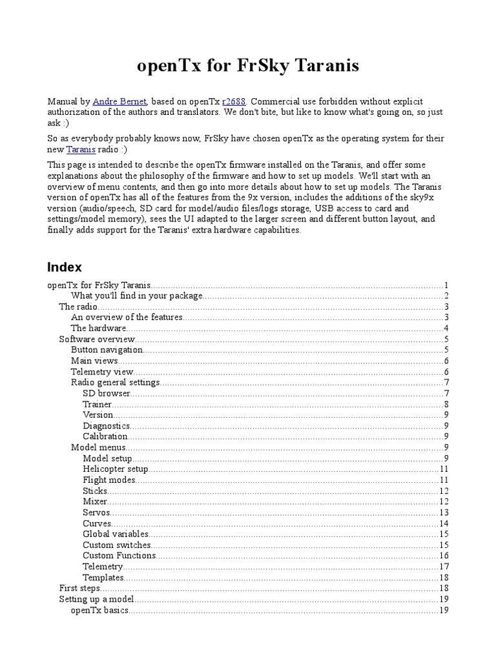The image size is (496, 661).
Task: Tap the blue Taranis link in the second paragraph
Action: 81,149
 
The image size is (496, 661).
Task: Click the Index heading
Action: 65,267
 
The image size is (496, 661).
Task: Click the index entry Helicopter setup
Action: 116,469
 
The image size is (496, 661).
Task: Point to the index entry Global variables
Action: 116,534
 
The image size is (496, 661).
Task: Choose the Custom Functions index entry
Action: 119,555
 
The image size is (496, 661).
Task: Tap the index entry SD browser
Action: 107,392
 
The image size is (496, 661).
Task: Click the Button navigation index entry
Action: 107,349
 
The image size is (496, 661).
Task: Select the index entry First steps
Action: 79,588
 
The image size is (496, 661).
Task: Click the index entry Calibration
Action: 105,436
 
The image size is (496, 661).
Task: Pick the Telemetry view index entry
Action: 102,371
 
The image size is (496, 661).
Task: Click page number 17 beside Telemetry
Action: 444,566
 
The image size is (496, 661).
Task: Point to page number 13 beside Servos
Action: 444,512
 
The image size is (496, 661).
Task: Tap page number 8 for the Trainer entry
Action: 446,403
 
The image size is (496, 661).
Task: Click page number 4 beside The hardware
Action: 446,328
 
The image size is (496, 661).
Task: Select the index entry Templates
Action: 103,577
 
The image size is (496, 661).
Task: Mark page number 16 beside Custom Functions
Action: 444,555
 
